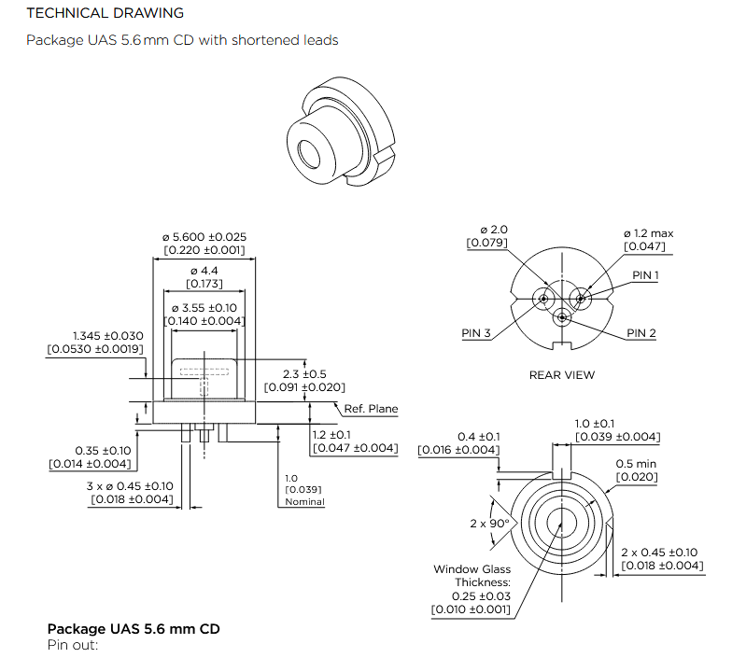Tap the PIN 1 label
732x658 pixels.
645,275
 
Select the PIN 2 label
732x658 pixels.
641,333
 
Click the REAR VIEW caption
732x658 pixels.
562,375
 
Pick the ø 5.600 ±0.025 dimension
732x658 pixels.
204,237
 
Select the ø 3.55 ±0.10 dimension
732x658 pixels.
204,308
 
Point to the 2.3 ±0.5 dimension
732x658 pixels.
305,374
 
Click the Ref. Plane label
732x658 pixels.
371,409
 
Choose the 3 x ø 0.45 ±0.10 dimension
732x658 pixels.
131,485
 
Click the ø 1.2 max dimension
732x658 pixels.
648,233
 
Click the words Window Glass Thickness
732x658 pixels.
472,576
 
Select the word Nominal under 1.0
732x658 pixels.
304,502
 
